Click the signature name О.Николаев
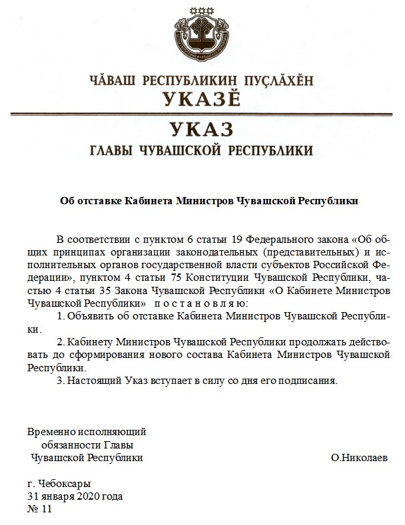point(359,458)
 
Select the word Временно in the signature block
point(50,431)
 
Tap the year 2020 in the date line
point(89,496)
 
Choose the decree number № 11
point(39,510)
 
